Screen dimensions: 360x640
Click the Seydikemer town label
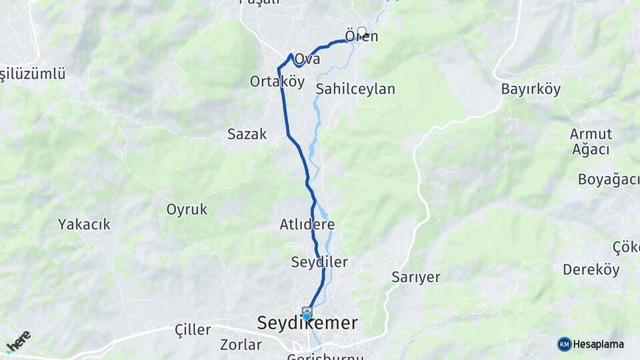[307, 324]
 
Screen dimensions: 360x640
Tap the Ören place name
[361, 37]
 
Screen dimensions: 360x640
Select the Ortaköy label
[277, 81]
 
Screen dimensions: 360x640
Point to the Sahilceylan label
[356, 89]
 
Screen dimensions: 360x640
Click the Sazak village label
[247, 134]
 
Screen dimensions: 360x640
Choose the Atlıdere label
[307, 225]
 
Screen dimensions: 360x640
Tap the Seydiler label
[319, 262]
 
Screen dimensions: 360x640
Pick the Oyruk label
[187, 209]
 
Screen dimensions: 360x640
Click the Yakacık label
[84, 224]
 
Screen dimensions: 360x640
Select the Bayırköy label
[531, 89]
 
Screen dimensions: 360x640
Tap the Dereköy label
[591, 270]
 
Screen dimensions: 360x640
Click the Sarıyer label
[416, 277]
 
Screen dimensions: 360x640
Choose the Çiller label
[193, 330]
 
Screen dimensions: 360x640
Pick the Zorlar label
[241, 345]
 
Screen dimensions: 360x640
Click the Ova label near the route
[307, 59]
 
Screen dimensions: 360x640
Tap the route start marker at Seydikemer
[307, 313]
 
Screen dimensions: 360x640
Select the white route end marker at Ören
[362, 31]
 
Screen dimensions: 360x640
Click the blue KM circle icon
[564, 344]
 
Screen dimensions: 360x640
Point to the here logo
[18, 341]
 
